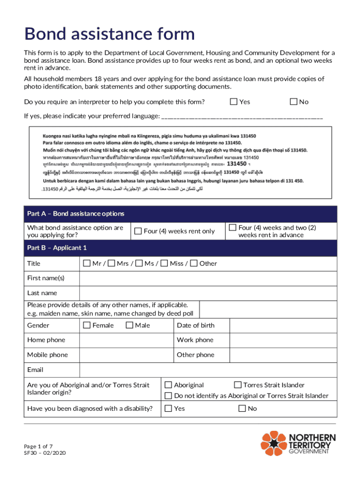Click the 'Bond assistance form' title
(109, 34)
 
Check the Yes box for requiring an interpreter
(234, 102)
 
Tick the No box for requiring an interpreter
(294, 102)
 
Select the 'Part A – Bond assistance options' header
(76, 214)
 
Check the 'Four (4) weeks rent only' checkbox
(138, 231)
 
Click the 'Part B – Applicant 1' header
(57, 247)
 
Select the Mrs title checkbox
(111, 263)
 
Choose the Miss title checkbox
(164, 263)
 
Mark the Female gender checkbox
(87, 325)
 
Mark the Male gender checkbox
(130, 325)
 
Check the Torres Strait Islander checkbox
(238, 385)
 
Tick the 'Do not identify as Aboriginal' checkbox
(168, 396)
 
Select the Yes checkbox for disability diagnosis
(168, 408)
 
